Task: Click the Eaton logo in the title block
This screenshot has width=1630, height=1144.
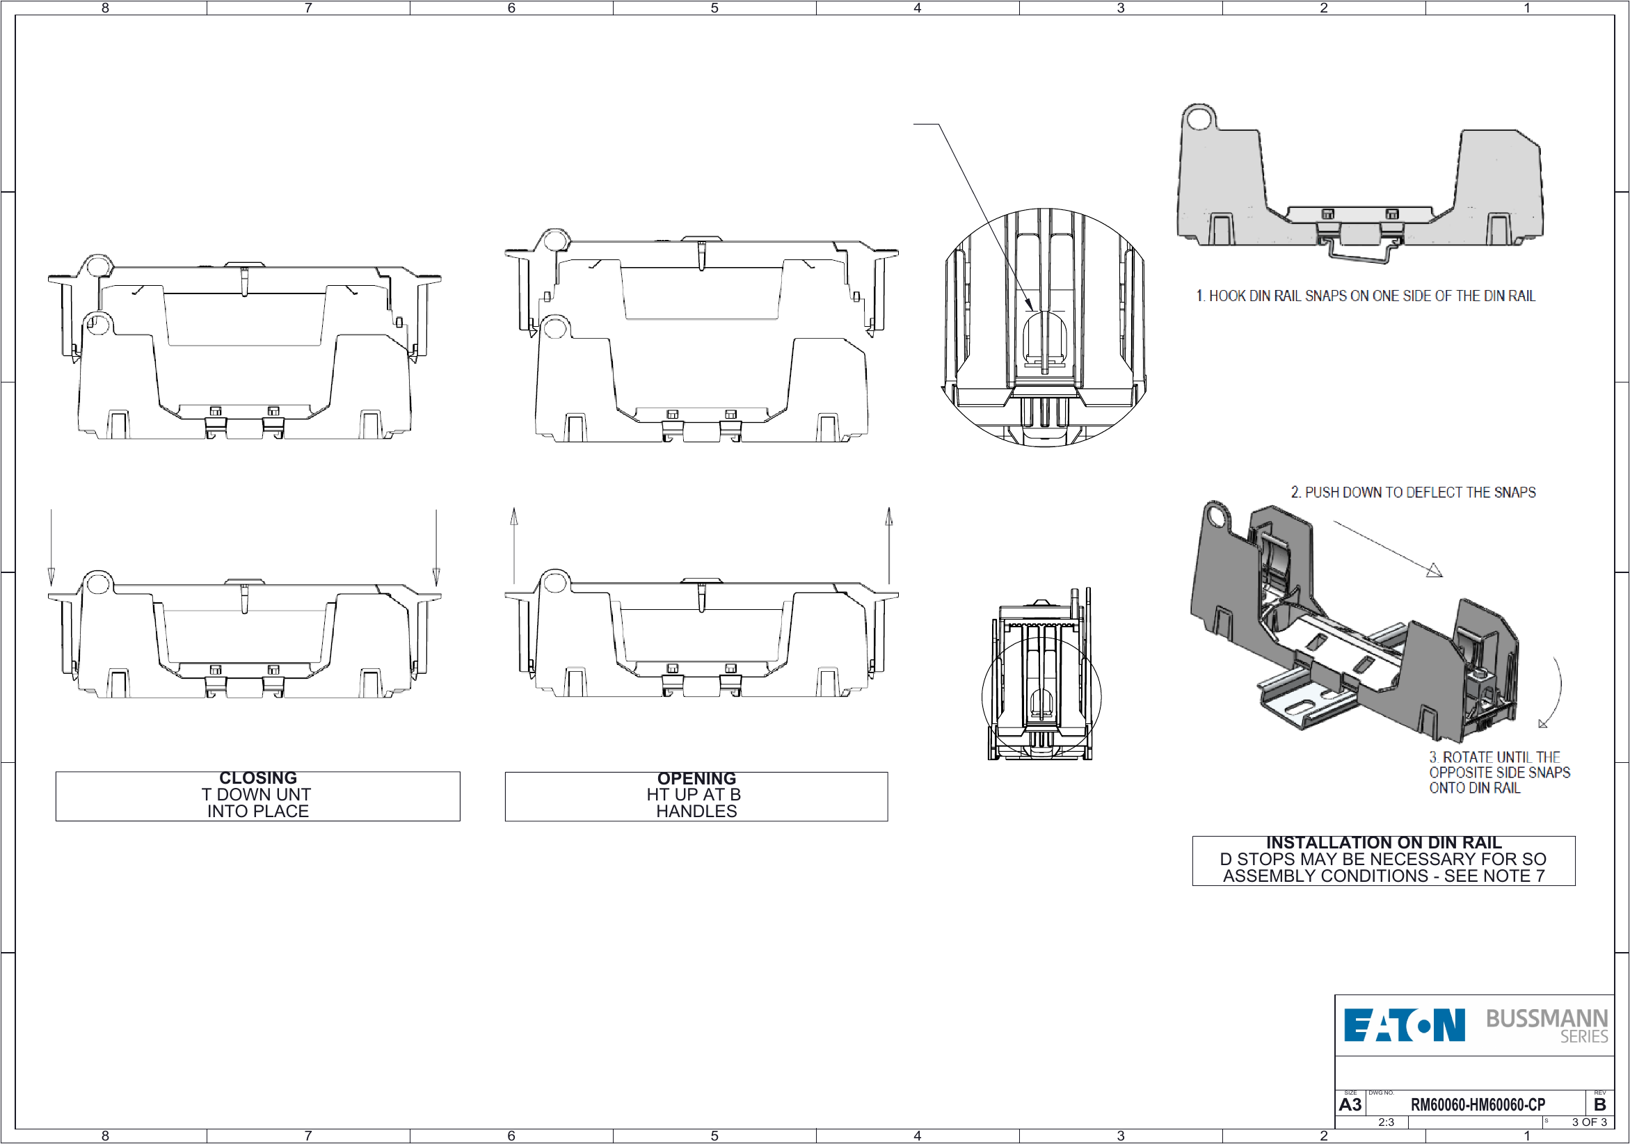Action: pyautogui.click(x=1403, y=1025)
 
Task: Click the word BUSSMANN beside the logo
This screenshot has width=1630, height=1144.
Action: pyautogui.click(x=1547, y=1018)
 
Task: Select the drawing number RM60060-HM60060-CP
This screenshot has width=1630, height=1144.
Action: pyautogui.click(x=1478, y=1104)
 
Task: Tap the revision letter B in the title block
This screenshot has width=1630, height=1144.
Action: pyautogui.click(x=1599, y=1104)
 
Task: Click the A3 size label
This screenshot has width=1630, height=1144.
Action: pyautogui.click(x=1350, y=1104)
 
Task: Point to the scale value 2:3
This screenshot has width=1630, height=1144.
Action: pyautogui.click(x=1386, y=1122)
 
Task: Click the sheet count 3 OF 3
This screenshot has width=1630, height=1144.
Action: pyautogui.click(x=1589, y=1122)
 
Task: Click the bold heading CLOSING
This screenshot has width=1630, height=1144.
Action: pyautogui.click(x=257, y=778)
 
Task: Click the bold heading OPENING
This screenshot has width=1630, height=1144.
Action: pyautogui.click(x=696, y=778)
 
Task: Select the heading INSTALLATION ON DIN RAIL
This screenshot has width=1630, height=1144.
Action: pyautogui.click(x=1383, y=842)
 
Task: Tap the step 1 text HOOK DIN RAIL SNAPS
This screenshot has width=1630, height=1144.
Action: pyautogui.click(x=1364, y=296)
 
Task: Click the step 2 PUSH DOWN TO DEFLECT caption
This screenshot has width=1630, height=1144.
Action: pyautogui.click(x=1413, y=492)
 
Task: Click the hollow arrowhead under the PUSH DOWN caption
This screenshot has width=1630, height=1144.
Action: pyautogui.click(x=1435, y=570)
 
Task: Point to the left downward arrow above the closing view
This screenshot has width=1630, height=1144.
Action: pyautogui.click(x=51, y=547)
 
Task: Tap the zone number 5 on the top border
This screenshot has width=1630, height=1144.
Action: pyautogui.click(x=714, y=8)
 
